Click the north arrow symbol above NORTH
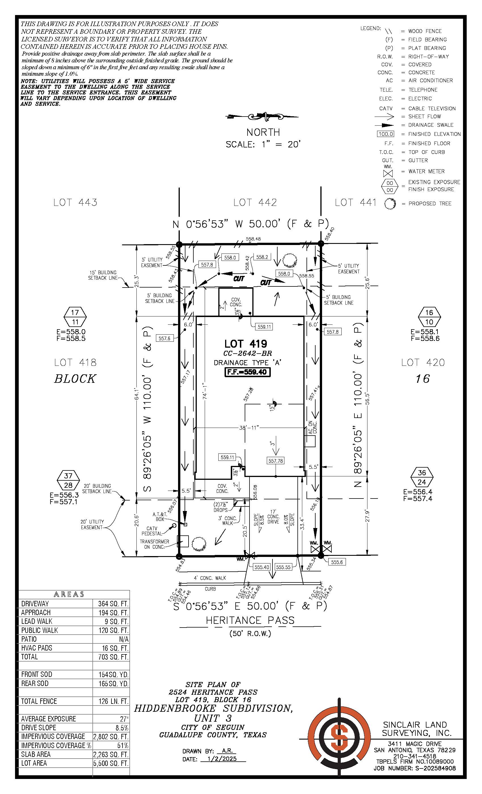tap(263, 117)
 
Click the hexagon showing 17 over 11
tap(75, 317)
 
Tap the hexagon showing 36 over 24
tap(422, 477)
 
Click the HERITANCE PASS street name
tap(250, 620)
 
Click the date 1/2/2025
tap(222, 759)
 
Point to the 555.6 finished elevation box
tap(337, 562)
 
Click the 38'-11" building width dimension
tap(249, 428)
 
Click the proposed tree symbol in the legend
tap(390, 204)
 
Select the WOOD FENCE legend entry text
tap(425, 31)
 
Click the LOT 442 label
tap(255, 202)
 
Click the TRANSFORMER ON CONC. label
tap(154, 544)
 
